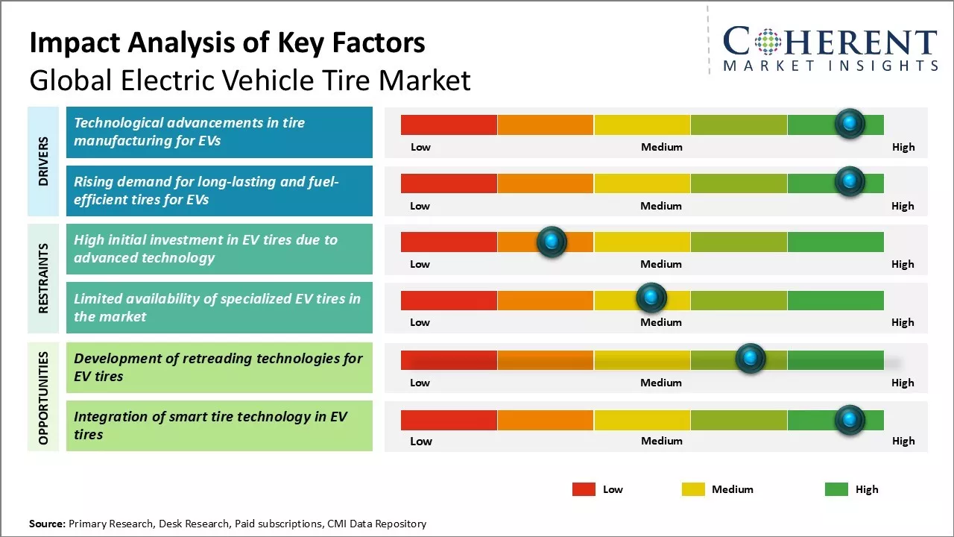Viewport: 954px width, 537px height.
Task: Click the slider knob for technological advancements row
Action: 850,124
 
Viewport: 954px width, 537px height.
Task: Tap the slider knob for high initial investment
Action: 552,242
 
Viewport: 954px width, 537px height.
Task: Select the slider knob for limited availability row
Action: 651,298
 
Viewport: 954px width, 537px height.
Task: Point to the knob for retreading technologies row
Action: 751,359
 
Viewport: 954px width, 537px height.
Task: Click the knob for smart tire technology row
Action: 850,421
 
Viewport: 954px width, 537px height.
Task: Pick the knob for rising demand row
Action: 850,181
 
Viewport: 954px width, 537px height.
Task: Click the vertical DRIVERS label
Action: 44,161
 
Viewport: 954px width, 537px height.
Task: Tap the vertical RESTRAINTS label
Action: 44,278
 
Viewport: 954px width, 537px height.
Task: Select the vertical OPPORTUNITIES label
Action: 44,398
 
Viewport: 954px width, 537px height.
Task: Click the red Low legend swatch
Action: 584,489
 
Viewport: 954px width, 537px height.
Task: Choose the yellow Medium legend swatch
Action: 693,489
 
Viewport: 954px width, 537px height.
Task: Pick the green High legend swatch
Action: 836,489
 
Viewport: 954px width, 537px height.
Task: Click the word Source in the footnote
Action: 47,524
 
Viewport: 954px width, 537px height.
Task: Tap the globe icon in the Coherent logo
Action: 768,42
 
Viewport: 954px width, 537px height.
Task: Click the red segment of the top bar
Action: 449,125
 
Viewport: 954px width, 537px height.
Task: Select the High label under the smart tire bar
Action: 903,441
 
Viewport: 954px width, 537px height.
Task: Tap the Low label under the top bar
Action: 421,147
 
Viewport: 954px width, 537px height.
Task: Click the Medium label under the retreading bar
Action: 661,383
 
